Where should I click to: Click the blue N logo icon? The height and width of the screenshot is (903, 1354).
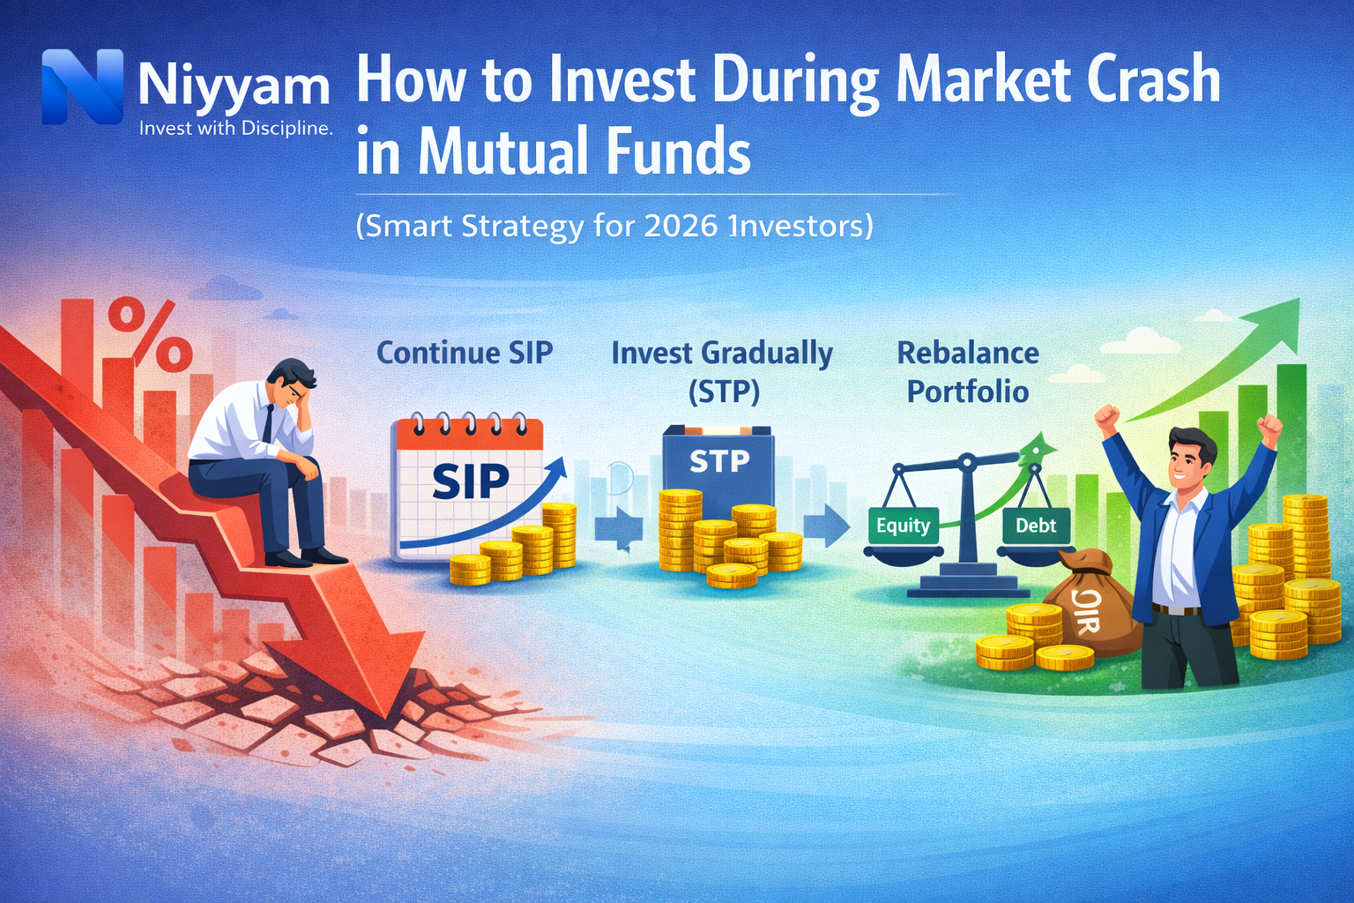(x=82, y=86)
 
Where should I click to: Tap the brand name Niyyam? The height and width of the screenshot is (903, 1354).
(x=234, y=86)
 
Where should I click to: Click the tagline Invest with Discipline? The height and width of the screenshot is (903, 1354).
(x=235, y=129)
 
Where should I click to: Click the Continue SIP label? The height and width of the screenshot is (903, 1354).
(x=465, y=353)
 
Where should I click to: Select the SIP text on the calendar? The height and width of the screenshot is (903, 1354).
(x=470, y=481)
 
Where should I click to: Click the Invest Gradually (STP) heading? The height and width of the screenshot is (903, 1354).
(x=722, y=370)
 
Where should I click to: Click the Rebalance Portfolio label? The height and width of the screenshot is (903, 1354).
(x=968, y=371)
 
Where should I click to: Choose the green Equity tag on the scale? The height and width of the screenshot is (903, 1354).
(x=903, y=526)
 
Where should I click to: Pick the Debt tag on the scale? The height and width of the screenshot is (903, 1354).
(x=1036, y=526)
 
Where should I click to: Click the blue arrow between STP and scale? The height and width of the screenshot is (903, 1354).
(x=825, y=526)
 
